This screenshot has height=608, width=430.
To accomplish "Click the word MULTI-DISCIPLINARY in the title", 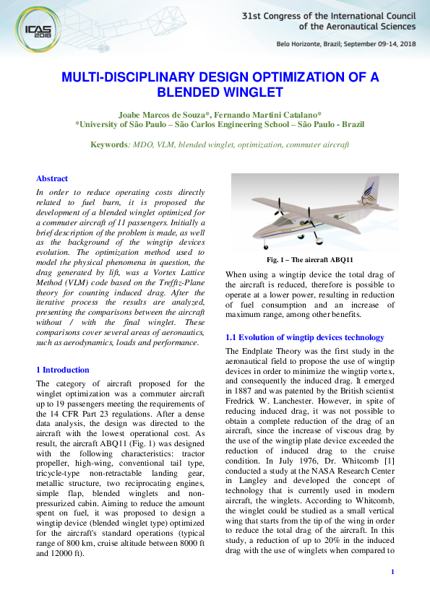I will click(131, 78).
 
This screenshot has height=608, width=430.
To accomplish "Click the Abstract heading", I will click(52, 178).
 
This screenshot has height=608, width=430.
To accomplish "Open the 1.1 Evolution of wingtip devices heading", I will click(304, 337).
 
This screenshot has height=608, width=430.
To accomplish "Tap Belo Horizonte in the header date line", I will click(300, 43).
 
